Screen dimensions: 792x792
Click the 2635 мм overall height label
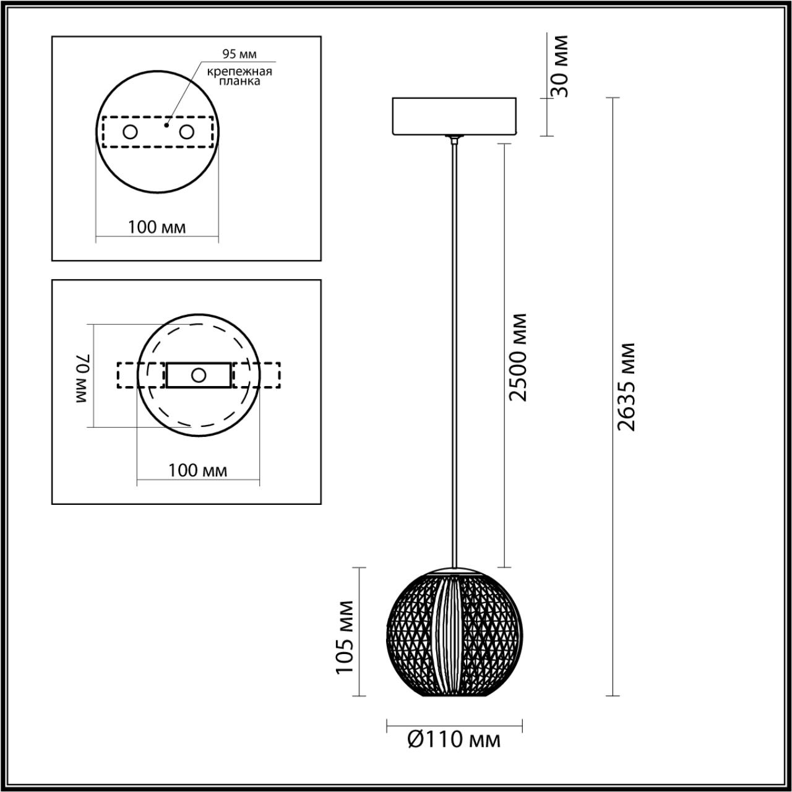pos(626,387)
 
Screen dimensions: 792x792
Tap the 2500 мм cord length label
pos(518,357)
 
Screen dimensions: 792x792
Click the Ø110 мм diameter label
pos(454,739)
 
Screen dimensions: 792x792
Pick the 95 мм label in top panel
pos(239,54)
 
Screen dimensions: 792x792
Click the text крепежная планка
pos(239,76)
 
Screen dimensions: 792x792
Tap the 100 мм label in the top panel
pos(157,227)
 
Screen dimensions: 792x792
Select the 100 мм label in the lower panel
pos(198,470)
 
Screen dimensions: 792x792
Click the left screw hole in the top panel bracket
pos(131,132)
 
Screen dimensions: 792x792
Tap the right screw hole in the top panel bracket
pos(186,132)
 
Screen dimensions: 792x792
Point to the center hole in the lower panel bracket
pos(199,375)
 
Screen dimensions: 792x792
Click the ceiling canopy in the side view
pos(454,116)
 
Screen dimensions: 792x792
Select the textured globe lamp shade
pos(421,637)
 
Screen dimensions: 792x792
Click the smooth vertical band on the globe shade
pos(448,634)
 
